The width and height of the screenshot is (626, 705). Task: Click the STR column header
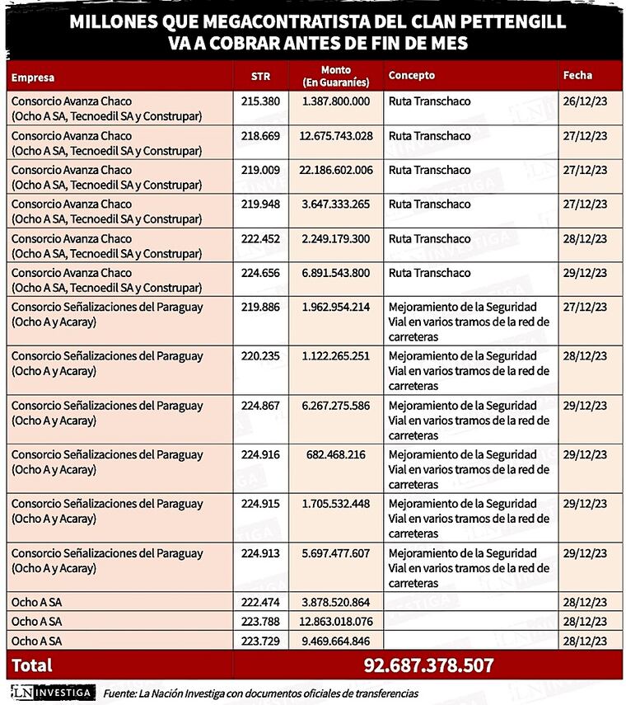click(260, 76)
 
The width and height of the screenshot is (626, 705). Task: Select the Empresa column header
click(33, 78)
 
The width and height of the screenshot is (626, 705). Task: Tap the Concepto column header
click(412, 75)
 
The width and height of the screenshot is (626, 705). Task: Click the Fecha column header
click(577, 75)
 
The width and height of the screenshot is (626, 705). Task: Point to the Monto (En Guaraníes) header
click(336, 76)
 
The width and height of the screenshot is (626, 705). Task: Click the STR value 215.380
click(260, 101)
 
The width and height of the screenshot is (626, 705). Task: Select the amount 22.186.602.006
click(336, 170)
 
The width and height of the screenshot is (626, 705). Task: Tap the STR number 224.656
click(260, 273)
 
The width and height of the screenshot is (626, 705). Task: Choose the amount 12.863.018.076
click(336, 622)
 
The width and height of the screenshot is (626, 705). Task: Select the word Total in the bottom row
click(31, 665)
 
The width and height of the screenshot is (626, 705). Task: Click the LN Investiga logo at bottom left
click(52, 693)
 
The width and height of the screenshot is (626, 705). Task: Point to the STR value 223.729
click(260, 640)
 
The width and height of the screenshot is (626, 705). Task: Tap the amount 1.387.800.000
click(336, 101)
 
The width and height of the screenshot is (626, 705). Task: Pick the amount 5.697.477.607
click(336, 553)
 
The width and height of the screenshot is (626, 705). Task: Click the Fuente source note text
click(260, 693)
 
